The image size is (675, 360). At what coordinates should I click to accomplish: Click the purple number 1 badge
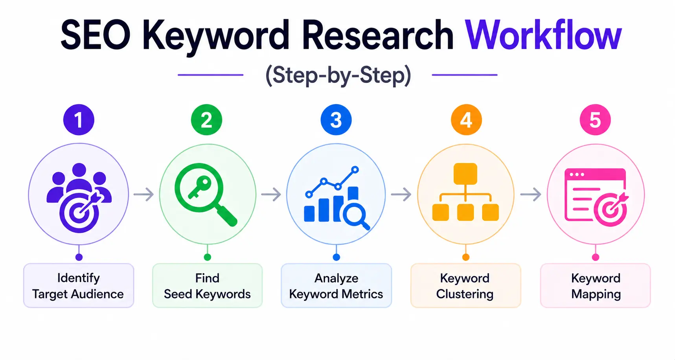[79, 120]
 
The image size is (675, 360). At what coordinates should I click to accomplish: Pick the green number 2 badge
[206, 120]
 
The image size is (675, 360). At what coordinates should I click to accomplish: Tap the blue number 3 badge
[336, 120]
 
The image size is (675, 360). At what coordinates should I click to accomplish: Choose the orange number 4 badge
[466, 120]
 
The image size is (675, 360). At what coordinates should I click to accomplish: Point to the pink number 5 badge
[595, 120]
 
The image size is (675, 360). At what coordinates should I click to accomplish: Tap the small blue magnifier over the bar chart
[355, 216]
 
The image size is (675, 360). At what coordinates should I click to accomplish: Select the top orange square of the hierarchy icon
[465, 174]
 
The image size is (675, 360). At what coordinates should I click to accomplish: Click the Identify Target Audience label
[79, 286]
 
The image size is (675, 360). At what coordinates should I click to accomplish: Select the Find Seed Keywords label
[207, 286]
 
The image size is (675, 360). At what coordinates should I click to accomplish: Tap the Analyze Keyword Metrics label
[336, 286]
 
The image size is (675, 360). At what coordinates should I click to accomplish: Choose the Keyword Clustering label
[465, 286]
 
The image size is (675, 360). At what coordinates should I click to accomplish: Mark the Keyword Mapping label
[596, 286]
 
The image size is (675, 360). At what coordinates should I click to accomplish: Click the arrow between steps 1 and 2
[143, 194]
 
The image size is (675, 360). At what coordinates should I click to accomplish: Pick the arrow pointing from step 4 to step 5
[531, 194]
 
